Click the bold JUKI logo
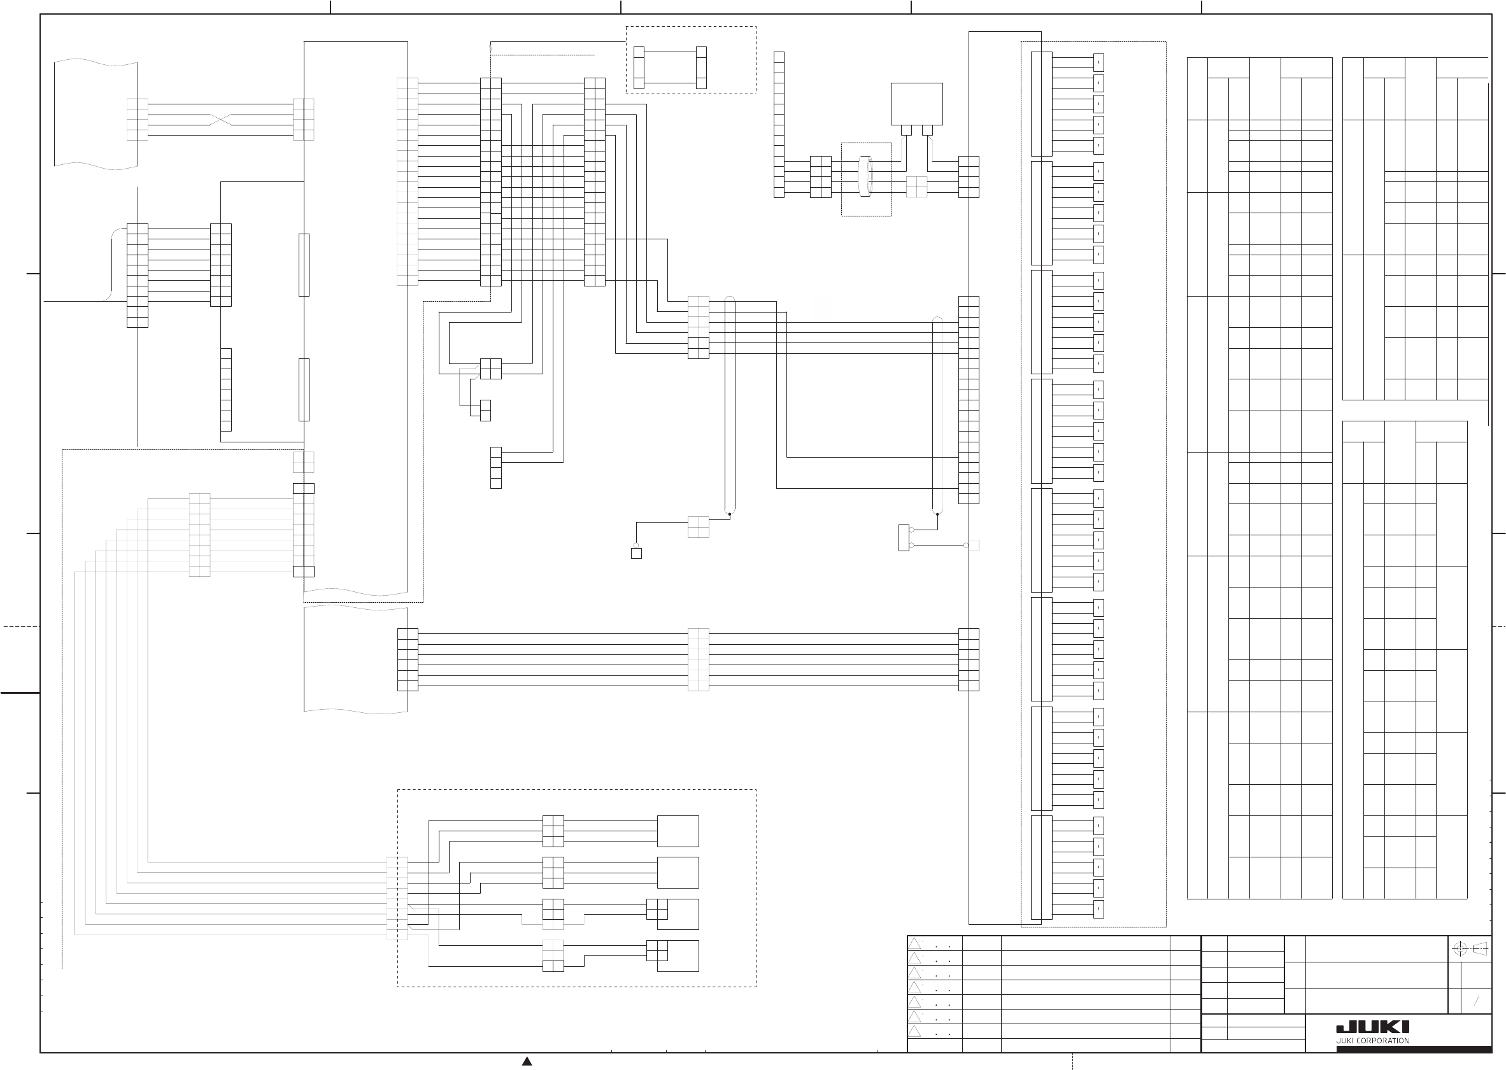coord(1372,1027)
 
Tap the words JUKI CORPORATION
coord(1372,1041)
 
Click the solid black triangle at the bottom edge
coord(527,1061)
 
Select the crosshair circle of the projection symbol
coord(1460,949)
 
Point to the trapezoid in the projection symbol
coord(1481,949)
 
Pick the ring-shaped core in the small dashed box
coord(866,176)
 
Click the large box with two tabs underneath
coord(916,104)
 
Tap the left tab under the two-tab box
coord(906,130)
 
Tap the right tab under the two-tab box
coord(927,130)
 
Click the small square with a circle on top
coord(636,553)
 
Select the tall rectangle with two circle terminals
coord(904,538)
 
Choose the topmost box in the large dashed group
coord(678,831)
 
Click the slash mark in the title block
coord(1476,1001)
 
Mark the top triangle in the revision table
coord(915,943)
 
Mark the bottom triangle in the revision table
coord(915,1031)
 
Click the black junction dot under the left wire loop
coord(730,514)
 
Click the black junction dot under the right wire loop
coord(937,514)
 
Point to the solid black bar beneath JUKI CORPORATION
coord(1414,1050)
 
